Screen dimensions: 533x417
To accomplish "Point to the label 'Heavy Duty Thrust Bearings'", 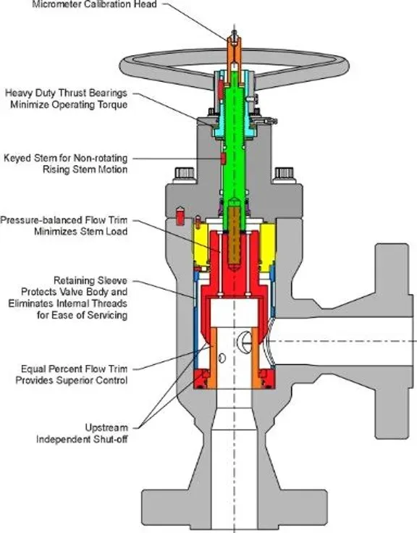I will pos(67,93).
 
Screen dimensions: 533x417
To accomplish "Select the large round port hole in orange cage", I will pos(250,337).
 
